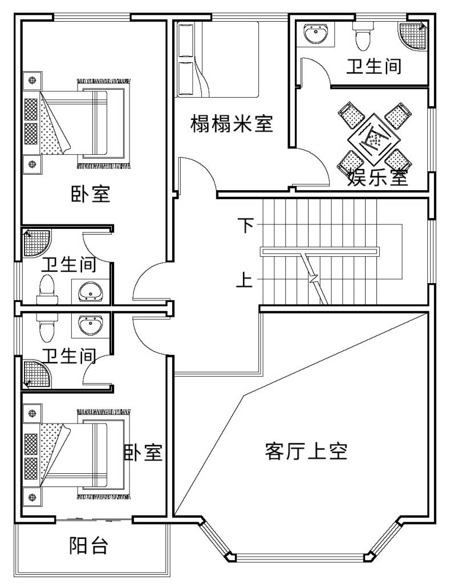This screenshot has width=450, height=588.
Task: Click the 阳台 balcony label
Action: (88, 546)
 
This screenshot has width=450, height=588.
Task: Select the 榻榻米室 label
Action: (231, 123)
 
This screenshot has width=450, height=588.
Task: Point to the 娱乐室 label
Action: (378, 178)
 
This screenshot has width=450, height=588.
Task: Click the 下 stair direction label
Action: (245, 225)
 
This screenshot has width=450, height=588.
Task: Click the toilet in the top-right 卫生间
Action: (362, 36)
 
